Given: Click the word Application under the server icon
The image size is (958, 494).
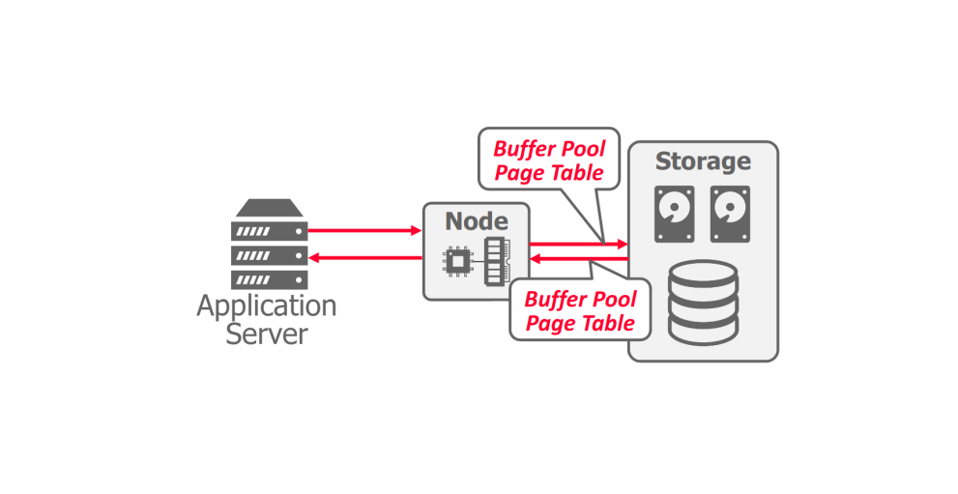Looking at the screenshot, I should [x=267, y=307].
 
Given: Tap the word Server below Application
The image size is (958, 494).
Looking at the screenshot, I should [x=267, y=334].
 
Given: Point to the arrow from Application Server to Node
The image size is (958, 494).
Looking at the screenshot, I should [x=363, y=231].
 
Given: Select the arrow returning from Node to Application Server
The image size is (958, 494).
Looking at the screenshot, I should [x=363, y=257].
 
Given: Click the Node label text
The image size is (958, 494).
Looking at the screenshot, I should [x=476, y=221].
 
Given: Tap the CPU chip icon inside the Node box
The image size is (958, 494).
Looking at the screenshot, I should [x=455, y=261].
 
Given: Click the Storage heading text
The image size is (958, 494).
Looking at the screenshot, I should [x=703, y=161].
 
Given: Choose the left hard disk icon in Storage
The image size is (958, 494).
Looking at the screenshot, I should [x=675, y=214].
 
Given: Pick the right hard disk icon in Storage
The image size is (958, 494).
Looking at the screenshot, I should [x=730, y=214].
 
